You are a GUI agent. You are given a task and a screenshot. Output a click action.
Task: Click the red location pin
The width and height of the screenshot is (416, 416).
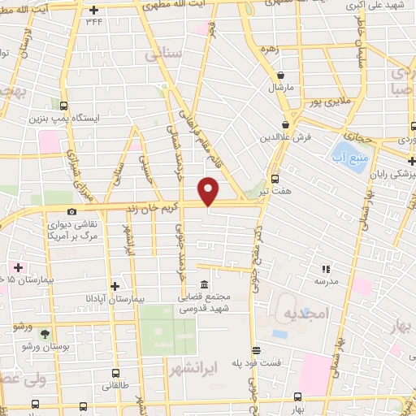click(x=209, y=190)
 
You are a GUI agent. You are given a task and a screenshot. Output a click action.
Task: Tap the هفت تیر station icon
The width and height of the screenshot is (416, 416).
click(x=274, y=179)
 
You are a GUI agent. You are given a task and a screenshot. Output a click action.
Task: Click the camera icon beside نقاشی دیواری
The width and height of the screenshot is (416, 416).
click(x=71, y=212)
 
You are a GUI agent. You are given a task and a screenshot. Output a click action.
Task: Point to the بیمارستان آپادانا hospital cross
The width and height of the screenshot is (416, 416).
click(x=115, y=286)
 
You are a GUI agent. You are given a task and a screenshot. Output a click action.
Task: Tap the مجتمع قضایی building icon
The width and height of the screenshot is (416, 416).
click(x=202, y=285)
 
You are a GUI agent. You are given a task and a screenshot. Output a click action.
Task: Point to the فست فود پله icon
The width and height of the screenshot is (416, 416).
click(x=257, y=351)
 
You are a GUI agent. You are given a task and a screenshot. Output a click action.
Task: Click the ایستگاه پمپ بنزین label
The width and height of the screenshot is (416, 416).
click(x=97, y=119)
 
